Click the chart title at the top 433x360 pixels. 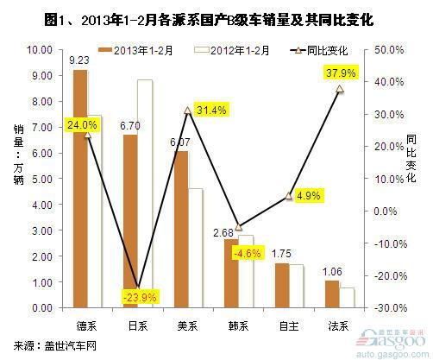(x=209, y=20)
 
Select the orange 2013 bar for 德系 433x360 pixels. (x=80, y=189)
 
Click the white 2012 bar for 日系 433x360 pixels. (x=145, y=193)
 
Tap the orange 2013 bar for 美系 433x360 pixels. (x=181, y=230)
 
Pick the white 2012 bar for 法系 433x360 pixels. (x=347, y=298)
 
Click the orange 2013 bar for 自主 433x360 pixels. (x=282, y=286)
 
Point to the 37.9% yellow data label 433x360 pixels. (x=341, y=73)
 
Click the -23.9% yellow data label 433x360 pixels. (x=140, y=297)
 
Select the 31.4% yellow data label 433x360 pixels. (x=211, y=110)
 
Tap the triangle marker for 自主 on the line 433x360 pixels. (x=289, y=196)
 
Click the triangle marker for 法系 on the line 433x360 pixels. (x=340, y=89)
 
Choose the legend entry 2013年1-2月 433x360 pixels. (x=135, y=51)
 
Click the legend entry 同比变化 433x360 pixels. (x=319, y=51)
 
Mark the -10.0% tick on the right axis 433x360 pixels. (x=390, y=243)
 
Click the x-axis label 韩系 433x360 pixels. (x=238, y=326)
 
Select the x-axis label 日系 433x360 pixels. (x=138, y=326)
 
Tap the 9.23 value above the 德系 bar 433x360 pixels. (x=79, y=60)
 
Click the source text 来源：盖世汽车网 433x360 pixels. (x=54, y=345)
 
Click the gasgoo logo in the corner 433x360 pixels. (x=392, y=344)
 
